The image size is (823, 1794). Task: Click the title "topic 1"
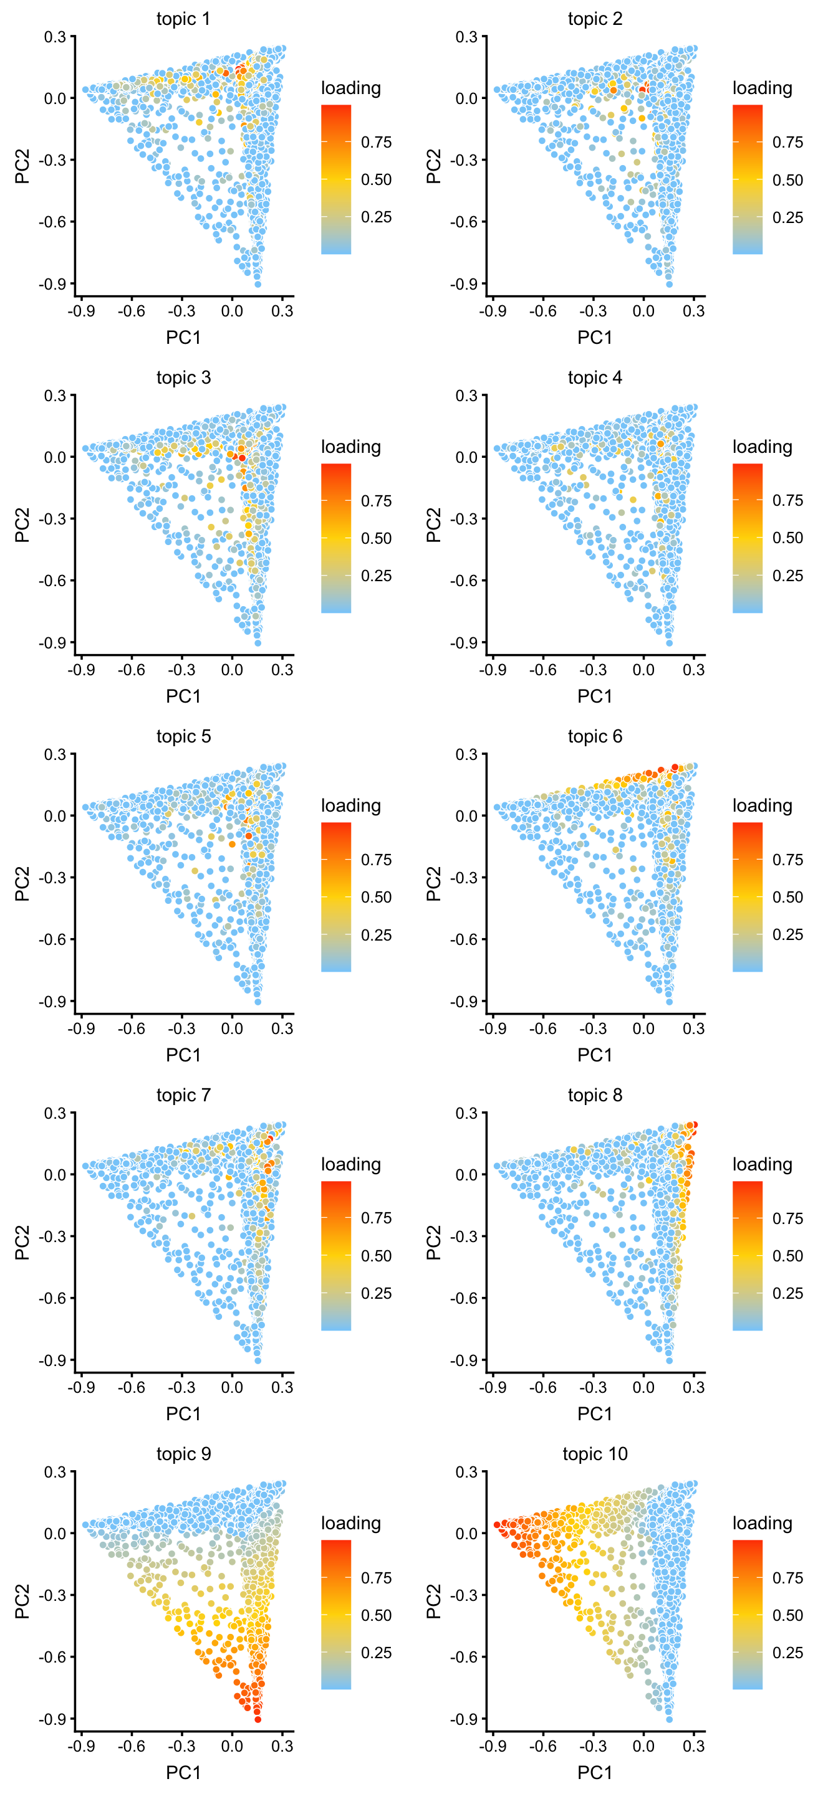183,19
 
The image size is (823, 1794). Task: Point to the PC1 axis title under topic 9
183,1772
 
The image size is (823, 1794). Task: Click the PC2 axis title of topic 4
433,525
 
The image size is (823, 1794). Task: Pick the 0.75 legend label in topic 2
787,142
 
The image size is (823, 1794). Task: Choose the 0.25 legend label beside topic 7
377,1293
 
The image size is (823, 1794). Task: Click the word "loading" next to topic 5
350,806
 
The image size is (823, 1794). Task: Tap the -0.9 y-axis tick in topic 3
54,642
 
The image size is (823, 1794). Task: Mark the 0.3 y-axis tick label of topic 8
466,1113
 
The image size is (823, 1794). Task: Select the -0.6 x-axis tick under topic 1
131,311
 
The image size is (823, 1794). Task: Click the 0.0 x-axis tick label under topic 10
643,1745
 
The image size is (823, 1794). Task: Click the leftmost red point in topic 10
497,1524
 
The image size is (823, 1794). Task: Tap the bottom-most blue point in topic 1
258,284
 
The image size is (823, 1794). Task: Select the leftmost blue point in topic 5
85,807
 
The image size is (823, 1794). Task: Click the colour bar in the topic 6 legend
747,897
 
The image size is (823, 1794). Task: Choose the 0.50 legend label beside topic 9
377,1615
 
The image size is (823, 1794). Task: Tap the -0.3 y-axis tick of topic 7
54,1236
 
